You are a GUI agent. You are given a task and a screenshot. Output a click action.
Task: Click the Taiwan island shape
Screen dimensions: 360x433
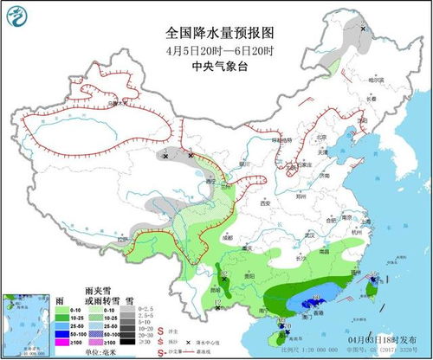pos(374,292)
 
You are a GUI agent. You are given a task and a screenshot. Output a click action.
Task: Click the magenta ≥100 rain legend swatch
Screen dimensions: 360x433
pos(61,343)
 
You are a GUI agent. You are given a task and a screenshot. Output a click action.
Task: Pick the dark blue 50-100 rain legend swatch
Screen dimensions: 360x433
pos(61,332)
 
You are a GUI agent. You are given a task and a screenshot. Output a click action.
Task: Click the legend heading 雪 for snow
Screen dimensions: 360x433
pos(127,297)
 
